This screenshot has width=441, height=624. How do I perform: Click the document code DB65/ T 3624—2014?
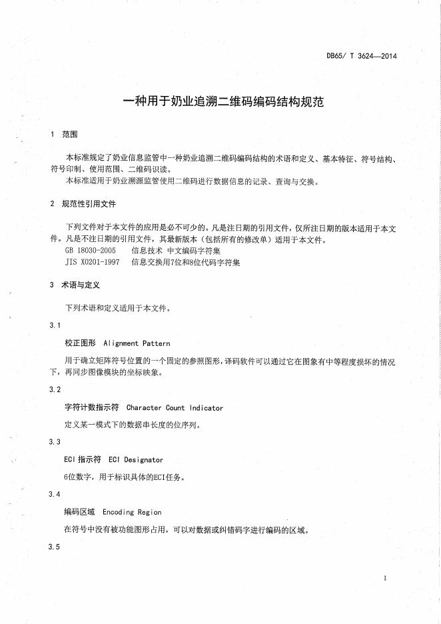click(x=362, y=57)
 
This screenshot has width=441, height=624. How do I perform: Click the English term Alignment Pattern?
click(x=137, y=343)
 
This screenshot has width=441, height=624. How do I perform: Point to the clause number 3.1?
click(x=55, y=325)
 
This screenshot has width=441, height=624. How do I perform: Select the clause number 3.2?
click(x=55, y=389)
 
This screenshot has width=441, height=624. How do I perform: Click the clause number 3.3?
click(x=55, y=442)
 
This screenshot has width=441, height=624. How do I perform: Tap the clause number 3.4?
click(x=55, y=494)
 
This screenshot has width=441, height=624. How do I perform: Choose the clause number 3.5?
click(x=55, y=547)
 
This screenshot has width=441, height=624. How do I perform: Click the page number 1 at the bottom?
click(x=386, y=578)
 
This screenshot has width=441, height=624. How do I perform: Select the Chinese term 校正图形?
click(x=80, y=343)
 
